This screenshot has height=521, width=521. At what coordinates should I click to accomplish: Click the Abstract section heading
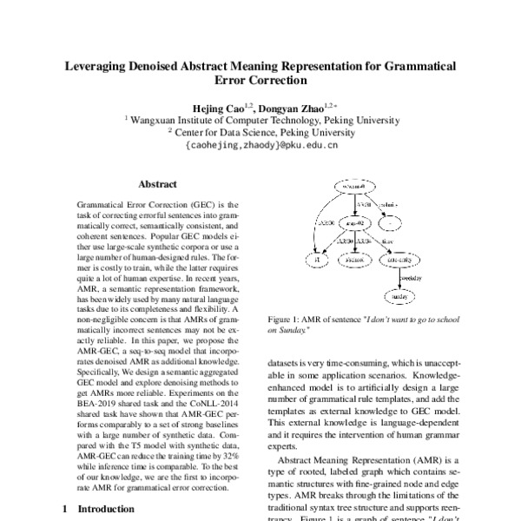click(x=157, y=184)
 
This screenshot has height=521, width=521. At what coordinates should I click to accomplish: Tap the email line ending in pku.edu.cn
click(x=260, y=146)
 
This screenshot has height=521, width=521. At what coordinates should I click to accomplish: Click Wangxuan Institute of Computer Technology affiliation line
click(x=261, y=120)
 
